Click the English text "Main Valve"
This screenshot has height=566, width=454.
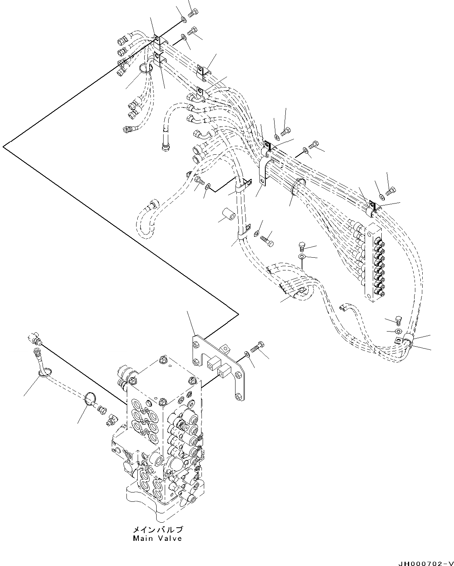(157, 539)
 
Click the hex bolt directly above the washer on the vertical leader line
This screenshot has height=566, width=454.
(302, 246)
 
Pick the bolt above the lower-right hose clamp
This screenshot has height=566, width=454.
(399, 320)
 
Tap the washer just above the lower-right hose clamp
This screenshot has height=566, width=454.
(398, 331)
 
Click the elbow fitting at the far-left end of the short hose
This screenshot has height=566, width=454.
(35, 339)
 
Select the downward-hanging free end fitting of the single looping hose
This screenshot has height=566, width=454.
(166, 147)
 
